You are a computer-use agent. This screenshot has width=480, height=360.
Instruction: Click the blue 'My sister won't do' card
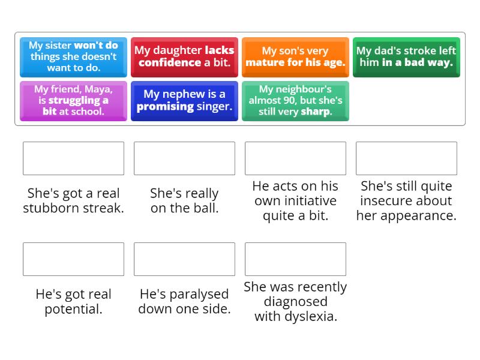point(73,57)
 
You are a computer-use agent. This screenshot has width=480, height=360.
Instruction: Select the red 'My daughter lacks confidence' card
point(184,57)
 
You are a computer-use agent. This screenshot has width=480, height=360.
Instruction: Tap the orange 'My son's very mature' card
point(295,57)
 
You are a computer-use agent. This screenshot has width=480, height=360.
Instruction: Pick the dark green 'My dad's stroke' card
point(406,57)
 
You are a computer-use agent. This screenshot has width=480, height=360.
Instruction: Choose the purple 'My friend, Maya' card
point(73,101)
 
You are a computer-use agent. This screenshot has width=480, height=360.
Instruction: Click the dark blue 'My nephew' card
point(184,101)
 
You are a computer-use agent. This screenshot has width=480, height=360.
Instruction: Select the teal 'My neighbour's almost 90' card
point(295,101)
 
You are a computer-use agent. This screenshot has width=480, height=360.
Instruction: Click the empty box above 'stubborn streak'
point(73,158)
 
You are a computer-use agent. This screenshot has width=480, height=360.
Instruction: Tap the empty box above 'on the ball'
point(184,158)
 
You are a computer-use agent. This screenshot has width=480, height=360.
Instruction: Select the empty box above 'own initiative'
point(295,158)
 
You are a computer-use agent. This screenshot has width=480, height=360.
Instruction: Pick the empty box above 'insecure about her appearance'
point(406,158)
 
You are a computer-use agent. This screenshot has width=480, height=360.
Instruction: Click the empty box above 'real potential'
point(73,259)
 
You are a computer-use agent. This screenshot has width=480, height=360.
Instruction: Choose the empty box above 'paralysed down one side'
point(184,259)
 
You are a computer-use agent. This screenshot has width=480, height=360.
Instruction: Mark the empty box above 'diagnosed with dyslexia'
point(295,259)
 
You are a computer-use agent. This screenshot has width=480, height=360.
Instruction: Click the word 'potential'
point(73,309)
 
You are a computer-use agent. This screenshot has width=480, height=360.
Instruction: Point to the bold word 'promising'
point(165,107)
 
